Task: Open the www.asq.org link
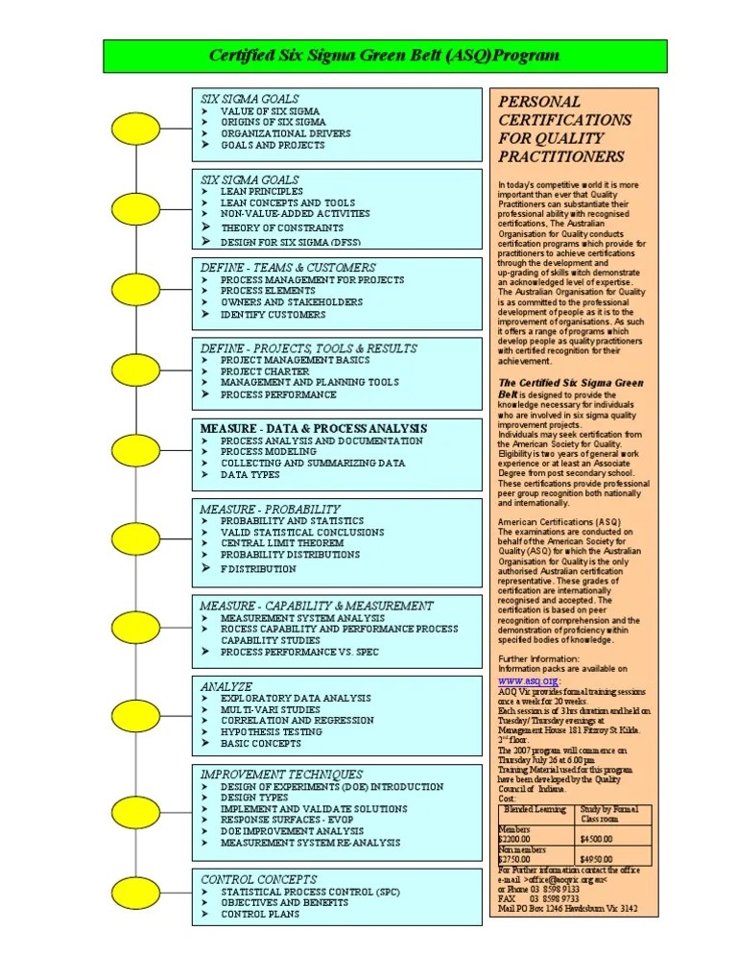click(526, 680)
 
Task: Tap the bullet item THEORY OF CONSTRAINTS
click(281, 228)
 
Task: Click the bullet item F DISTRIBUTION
click(258, 569)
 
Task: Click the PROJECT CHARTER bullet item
click(264, 371)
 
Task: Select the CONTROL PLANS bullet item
click(260, 915)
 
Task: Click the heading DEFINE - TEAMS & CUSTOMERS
click(288, 268)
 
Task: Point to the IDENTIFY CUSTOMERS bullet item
click(273, 315)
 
